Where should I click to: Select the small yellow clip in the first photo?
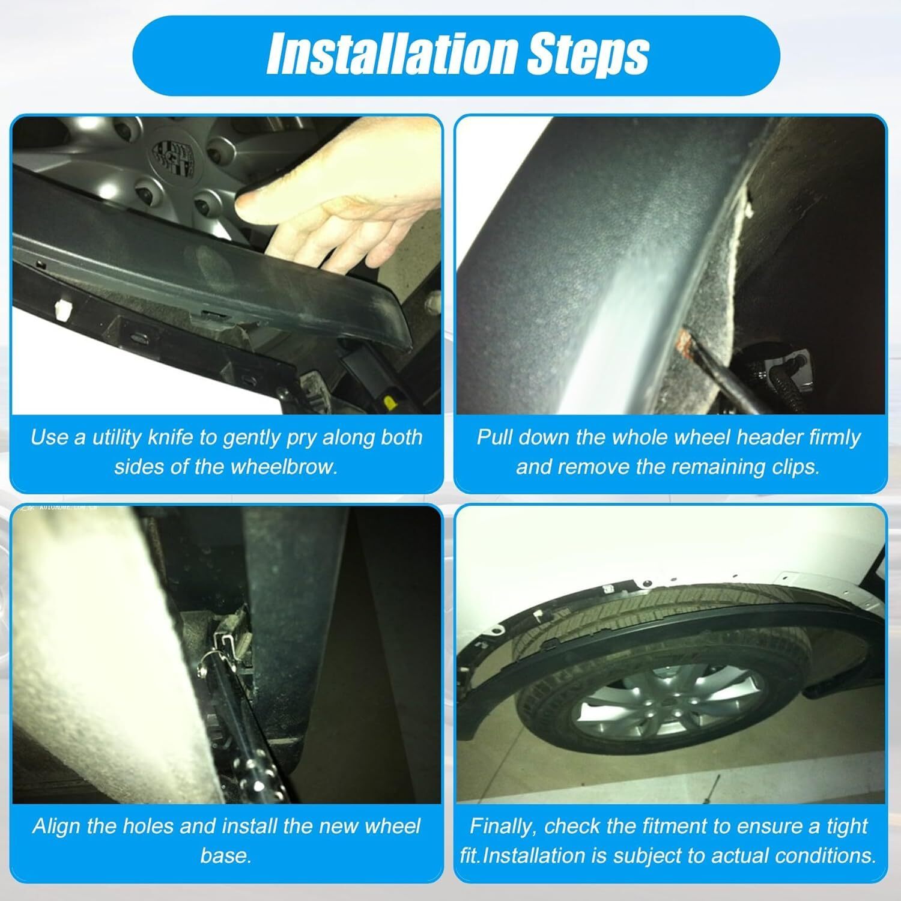coord(391,401)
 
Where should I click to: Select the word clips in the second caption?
coord(790,467)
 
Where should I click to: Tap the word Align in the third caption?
coord(57,827)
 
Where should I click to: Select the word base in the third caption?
coord(225,855)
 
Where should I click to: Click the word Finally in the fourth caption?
coord(504,826)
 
